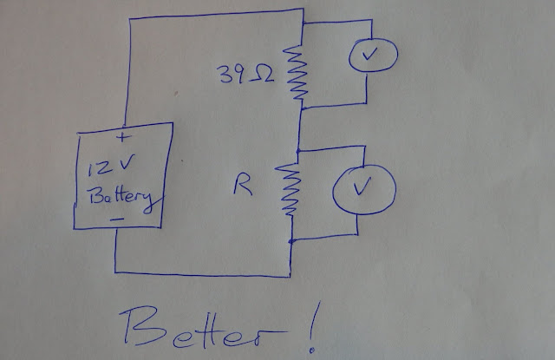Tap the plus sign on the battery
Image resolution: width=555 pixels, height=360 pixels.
121,136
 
